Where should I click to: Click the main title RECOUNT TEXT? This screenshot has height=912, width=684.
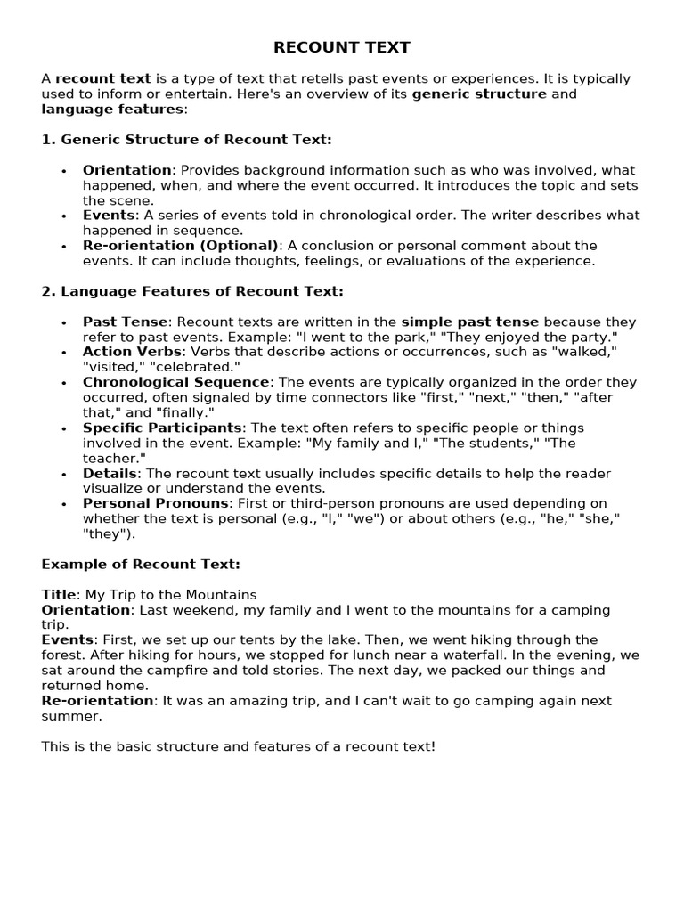click(x=342, y=47)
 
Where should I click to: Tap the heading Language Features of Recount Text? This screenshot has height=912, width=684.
click(x=192, y=291)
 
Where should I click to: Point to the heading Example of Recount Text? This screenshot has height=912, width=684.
click(x=141, y=565)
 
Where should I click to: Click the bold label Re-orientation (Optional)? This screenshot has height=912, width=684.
click(x=181, y=246)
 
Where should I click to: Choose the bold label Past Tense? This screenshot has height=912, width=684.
click(x=125, y=322)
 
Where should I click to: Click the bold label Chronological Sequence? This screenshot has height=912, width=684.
click(x=175, y=382)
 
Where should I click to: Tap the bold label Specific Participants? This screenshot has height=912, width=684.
click(x=162, y=428)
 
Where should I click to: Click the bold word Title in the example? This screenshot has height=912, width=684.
click(x=60, y=595)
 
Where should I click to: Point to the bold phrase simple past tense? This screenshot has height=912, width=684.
click(x=470, y=322)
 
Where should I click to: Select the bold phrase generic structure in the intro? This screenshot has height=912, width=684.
click(x=479, y=94)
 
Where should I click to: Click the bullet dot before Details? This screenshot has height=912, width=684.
click(x=64, y=475)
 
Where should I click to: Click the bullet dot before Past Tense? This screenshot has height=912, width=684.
click(x=64, y=323)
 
